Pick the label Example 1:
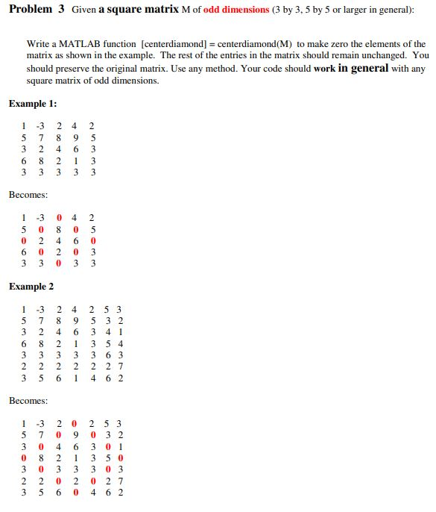pyautogui.click(x=33, y=104)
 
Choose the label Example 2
pyautogui.click(x=31, y=287)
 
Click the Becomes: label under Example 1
pyautogui.click(x=28, y=195)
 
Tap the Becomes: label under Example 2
pyautogui.click(x=28, y=401)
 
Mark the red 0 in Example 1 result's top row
pyautogui.click(x=60, y=218)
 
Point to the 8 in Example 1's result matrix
pyautogui.click(x=60, y=229)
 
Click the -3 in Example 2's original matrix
pyautogui.click(x=42, y=309)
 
